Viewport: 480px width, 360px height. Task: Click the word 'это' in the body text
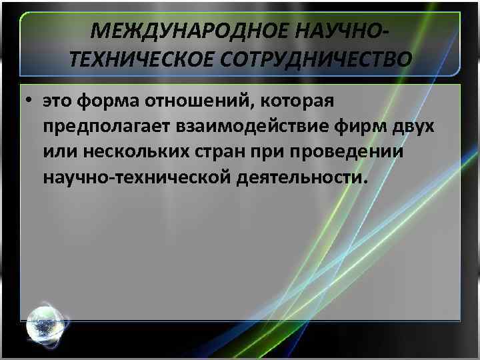pyautogui.click(x=58, y=102)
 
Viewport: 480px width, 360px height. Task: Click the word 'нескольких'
pyautogui.click(x=129, y=153)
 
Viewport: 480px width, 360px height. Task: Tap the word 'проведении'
pyautogui.click(x=348, y=153)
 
